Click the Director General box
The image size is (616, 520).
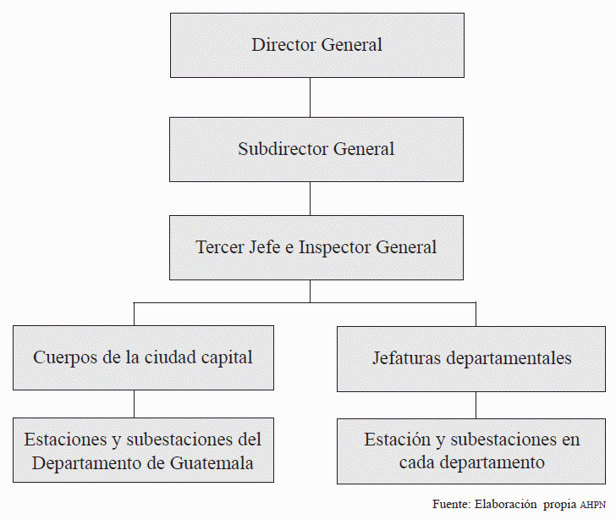click(316, 45)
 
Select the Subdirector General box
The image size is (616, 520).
click(316, 149)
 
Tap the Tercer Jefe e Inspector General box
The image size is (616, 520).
click(316, 247)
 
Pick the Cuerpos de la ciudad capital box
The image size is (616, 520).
click(143, 357)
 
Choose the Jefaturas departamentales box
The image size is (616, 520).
click(471, 358)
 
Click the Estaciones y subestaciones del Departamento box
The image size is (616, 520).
click(143, 451)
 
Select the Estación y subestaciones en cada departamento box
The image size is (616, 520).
click(471, 451)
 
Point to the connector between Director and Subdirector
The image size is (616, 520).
click(311, 97)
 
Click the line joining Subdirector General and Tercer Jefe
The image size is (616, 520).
click(311, 198)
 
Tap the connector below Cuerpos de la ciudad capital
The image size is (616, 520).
click(135, 403)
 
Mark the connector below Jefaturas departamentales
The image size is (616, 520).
click(476, 405)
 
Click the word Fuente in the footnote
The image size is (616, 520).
click(451, 504)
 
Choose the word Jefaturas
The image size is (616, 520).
click(406, 358)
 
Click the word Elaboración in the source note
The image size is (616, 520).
click(506, 504)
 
